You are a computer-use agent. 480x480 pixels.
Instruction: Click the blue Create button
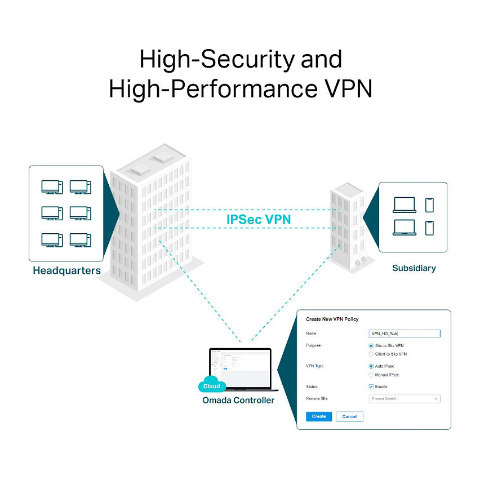[x=319, y=416]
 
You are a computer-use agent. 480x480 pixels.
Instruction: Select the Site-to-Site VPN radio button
[x=371, y=345]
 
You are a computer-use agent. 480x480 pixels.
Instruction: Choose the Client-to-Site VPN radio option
[x=371, y=354]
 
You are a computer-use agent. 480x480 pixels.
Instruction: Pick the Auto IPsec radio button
[x=371, y=366]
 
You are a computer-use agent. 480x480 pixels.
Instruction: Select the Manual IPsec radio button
[x=371, y=375]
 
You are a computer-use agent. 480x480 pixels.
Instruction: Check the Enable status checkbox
[x=371, y=387]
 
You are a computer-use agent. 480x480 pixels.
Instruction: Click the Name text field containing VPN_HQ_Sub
[x=404, y=334]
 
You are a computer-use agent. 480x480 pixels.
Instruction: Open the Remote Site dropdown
[x=404, y=399]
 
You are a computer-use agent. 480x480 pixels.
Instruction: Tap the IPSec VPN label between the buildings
[x=259, y=219]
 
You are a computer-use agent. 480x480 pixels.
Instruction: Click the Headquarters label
[x=66, y=270]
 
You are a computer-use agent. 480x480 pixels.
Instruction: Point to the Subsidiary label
[x=414, y=268]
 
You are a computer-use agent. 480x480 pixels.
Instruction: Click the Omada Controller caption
[x=238, y=401]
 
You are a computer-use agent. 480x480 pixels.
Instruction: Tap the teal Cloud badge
[x=212, y=386]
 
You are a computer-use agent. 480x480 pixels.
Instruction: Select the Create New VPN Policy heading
[x=332, y=319]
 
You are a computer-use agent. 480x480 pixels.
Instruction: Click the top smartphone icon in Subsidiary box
[x=430, y=205]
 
